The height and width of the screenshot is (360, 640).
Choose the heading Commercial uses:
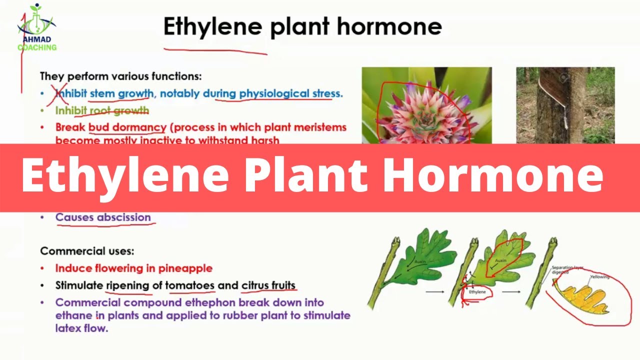point(87,251)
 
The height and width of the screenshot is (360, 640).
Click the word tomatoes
point(190,286)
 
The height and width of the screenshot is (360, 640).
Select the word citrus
point(255,286)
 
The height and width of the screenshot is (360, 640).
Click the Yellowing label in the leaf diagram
point(599,276)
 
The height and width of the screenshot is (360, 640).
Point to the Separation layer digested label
point(566,270)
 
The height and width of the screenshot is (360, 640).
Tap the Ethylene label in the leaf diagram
point(478,291)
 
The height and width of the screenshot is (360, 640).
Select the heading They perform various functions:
point(121,76)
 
